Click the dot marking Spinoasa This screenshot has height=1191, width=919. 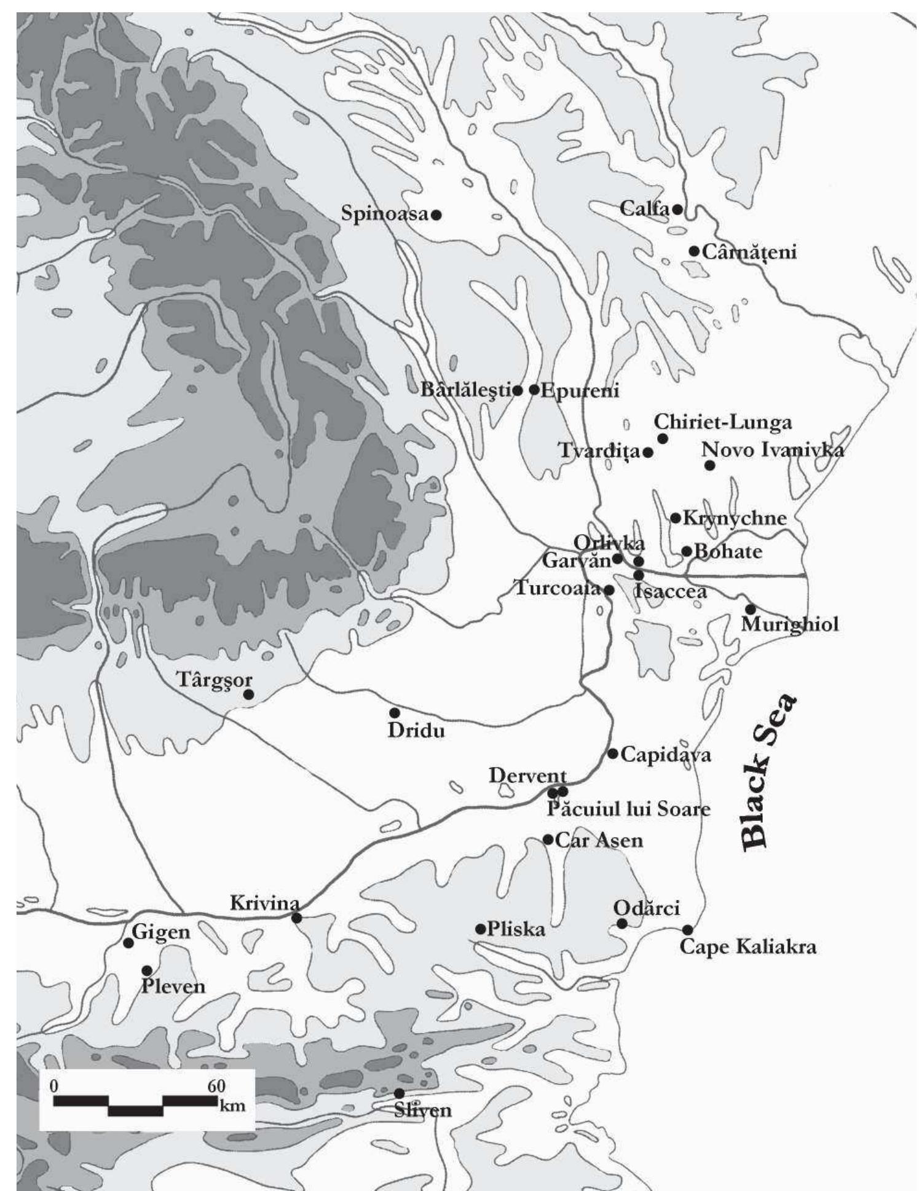[436, 215]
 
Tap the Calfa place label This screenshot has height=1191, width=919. [644, 208]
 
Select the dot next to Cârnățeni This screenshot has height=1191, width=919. [693, 251]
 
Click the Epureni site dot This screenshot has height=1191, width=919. [534, 389]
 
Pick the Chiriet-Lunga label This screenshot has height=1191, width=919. [722, 422]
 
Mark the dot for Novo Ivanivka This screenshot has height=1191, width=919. [709, 465]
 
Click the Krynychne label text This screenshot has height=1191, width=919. [734, 518]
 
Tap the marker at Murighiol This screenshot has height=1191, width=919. [751, 609]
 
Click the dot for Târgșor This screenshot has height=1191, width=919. [249, 694]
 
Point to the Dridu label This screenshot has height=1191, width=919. [416, 731]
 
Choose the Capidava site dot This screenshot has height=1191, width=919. [613, 753]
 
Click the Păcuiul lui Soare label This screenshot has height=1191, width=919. [628, 809]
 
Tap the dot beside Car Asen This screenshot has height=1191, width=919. [548, 839]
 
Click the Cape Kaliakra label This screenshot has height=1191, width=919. [747, 947]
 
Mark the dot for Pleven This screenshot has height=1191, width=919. [147, 970]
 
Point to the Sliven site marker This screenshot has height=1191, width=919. [399, 1093]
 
